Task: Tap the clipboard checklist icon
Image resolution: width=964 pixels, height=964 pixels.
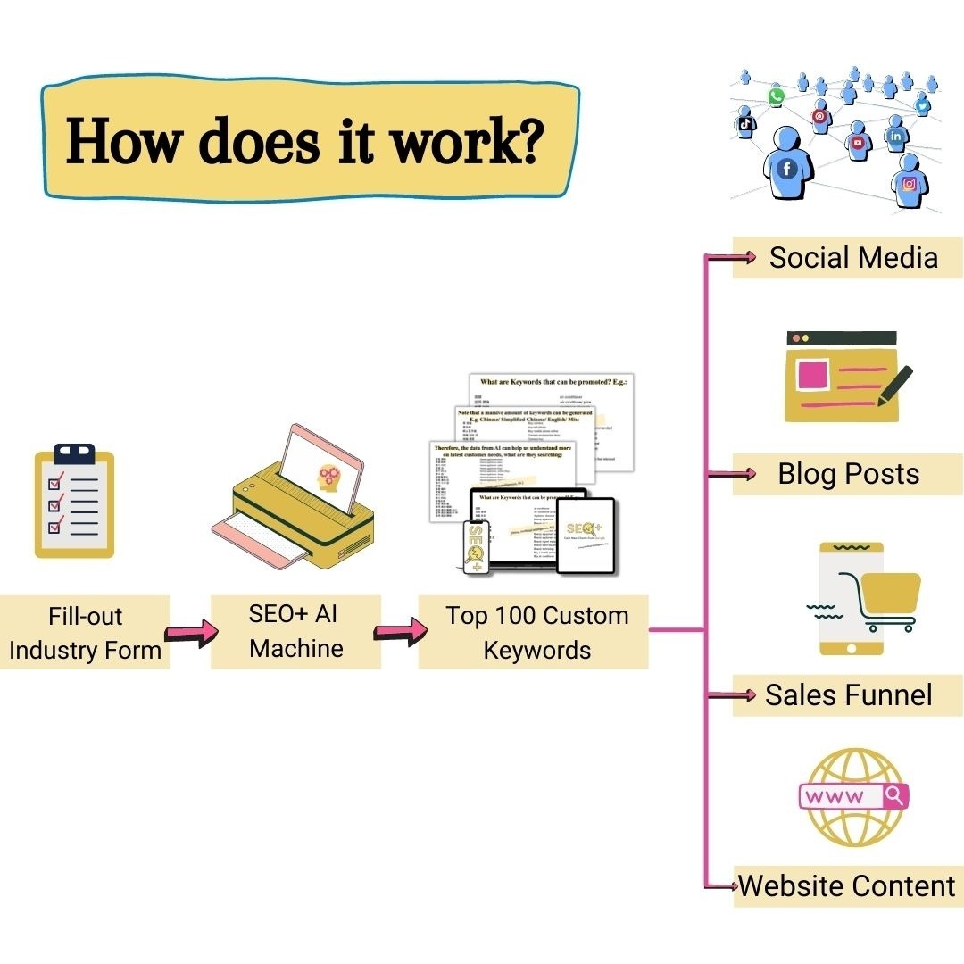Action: pos(74,501)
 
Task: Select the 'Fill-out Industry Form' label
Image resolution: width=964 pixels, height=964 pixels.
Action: pos(85,633)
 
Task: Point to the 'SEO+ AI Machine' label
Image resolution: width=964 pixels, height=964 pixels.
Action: pos(295,631)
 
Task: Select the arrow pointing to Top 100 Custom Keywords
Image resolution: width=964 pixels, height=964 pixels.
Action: pos(398,633)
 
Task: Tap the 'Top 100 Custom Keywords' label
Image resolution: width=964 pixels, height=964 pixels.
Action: pos(536,632)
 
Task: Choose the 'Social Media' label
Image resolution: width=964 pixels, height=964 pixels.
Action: pos(852,258)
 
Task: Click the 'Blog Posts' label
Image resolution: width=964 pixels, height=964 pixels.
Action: pos(848,473)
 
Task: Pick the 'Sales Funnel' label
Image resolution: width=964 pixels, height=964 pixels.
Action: pos(848,695)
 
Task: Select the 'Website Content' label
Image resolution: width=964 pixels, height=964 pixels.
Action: pos(847,886)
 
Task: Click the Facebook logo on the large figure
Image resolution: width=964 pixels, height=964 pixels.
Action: pos(786,168)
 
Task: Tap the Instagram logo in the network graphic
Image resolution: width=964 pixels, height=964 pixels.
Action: pos(909,184)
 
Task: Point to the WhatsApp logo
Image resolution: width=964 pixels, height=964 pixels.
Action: pos(776,96)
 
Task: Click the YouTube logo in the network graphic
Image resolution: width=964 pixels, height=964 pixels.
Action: pos(858,142)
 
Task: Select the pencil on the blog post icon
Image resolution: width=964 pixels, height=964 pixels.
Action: pos(894,385)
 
